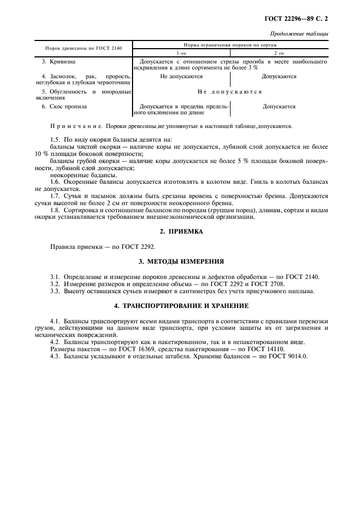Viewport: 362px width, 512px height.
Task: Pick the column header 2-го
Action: pos(279,53)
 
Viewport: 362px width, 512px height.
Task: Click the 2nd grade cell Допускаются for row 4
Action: pos(279,77)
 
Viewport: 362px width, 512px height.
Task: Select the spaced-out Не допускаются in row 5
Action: pos(229,92)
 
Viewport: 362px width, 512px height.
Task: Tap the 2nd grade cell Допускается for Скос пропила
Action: pos(279,107)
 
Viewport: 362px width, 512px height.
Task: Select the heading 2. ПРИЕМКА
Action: pos(181,231)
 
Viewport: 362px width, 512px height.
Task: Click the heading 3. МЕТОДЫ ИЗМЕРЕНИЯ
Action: pos(181,262)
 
